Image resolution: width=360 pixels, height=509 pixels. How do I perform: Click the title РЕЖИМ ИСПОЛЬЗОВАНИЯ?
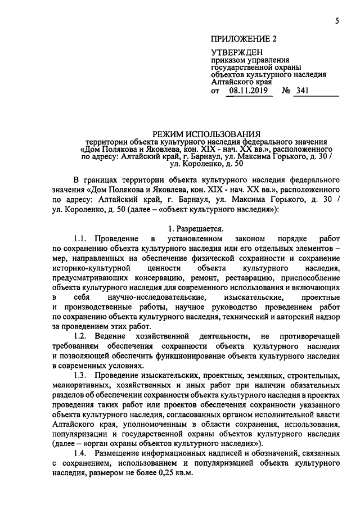tap(210, 134)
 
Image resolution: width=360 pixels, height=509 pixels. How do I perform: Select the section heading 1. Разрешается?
tap(196, 229)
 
